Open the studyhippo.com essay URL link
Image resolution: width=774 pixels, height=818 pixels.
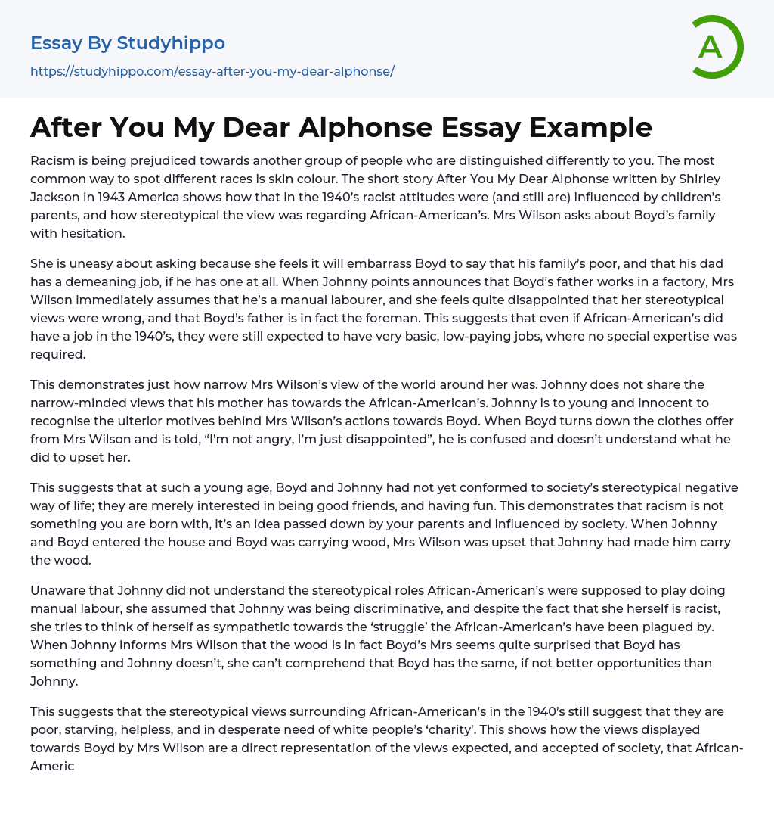[212, 71]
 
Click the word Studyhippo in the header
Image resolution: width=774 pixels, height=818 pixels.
[171, 43]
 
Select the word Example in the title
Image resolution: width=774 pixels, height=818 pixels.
[592, 128]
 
